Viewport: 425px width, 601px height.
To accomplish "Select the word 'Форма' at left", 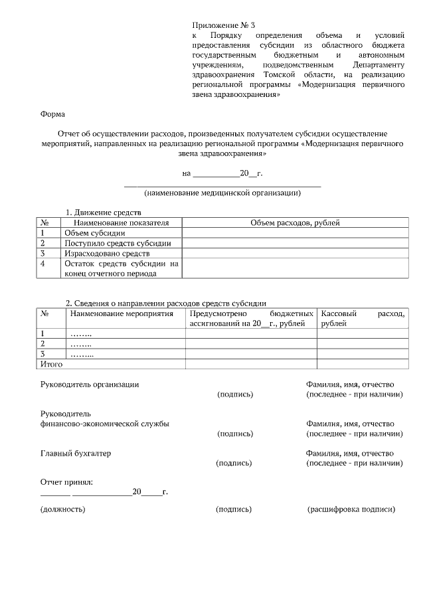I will pos(53,114).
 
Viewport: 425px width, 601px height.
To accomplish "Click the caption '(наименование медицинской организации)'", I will pos(222,193).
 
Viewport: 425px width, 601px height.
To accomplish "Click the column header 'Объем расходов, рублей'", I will pos(295,223).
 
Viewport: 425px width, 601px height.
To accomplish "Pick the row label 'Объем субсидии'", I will pos(94,233).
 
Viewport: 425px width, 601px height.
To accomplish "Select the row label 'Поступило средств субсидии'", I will pos(118,243).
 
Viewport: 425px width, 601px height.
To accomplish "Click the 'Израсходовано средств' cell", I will pos(107,254).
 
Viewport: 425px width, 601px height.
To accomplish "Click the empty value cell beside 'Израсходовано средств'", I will pos(295,254).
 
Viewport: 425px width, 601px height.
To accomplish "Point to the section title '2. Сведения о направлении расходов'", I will pos(166,303).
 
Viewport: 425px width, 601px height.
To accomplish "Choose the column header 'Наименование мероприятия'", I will pos(122,313).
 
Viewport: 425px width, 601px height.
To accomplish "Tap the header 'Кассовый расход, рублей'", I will pos(362,318).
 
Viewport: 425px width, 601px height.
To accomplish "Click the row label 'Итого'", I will pos(52,364).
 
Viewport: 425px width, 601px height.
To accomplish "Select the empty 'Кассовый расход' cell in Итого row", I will pos(362,364).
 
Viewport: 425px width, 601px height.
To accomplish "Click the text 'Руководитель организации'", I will pos(90,385).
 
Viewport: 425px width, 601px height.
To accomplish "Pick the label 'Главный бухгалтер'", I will pos(76,453).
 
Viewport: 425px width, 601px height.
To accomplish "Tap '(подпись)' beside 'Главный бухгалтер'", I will pos(234,463).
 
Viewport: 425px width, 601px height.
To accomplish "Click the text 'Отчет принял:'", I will pos(66,481).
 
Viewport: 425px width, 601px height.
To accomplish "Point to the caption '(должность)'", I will pos(63,509).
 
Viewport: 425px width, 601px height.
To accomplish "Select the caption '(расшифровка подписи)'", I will pos(351,509).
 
